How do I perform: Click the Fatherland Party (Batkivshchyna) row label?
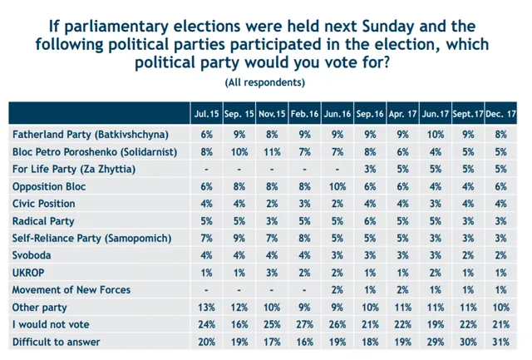click(x=90, y=134)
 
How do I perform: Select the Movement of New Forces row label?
click(x=75, y=290)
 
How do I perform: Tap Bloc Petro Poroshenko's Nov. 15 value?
click(x=273, y=152)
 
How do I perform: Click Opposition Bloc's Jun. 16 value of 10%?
click(x=338, y=187)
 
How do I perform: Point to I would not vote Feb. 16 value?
click(x=305, y=325)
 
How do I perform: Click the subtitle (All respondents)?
click(x=265, y=83)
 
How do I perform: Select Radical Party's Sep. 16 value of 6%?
click(x=371, y=221)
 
